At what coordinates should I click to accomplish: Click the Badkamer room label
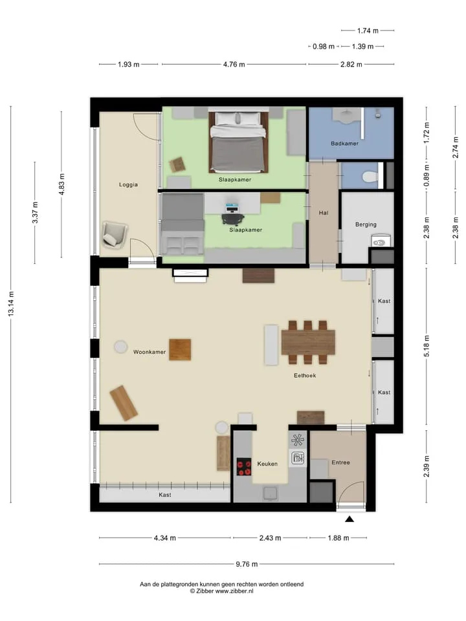344,144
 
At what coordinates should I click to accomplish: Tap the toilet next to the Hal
370,176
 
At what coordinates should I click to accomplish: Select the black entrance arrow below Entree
349,519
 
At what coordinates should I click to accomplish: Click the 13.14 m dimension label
11,304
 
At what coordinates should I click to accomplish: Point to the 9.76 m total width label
247,564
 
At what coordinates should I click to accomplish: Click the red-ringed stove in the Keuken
244,466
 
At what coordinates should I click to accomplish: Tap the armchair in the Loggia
115,235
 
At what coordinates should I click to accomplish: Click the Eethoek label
305,375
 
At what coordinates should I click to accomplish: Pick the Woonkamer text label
150,352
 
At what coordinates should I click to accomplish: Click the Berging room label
366,224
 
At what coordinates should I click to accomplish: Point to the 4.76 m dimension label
234,64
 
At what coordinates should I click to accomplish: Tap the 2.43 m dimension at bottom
271,538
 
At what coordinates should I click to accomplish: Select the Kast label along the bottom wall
165,495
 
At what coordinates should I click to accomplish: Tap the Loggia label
128,184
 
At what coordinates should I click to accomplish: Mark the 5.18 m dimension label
427,345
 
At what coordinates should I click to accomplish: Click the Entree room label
341,462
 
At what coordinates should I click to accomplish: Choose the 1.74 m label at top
368,30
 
